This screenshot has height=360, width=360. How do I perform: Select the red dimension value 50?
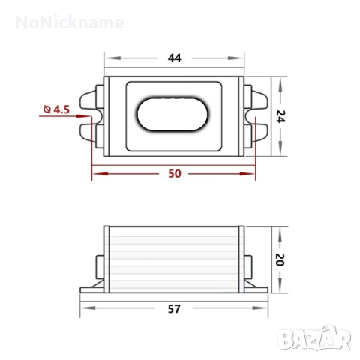[175, 173]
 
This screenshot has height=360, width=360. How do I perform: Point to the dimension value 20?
[280, 259]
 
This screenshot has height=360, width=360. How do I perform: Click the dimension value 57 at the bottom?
[175, 308]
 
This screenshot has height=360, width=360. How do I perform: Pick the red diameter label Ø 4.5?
[57, 109]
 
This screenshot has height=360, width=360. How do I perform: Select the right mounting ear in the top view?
[256, 115]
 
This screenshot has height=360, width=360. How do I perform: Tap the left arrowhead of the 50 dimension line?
[95, 173]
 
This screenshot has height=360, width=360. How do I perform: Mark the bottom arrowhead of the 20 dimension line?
[280, 288]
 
